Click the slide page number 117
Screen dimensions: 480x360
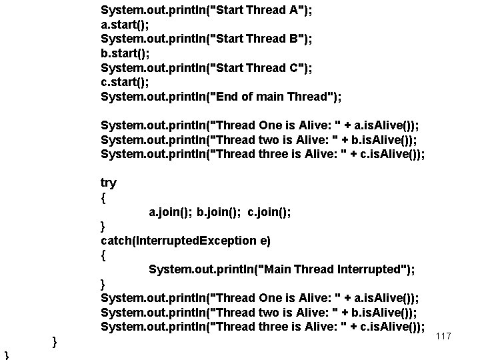[443, 337]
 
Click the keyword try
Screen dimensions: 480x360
[108, 183]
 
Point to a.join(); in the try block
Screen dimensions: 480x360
[171, 212]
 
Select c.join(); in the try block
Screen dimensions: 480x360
[269, 212]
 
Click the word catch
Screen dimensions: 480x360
[116, 240]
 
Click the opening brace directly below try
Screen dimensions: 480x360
[103, 198]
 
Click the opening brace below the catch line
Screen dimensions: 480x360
[103, 255]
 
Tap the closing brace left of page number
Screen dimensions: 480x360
[55, 343]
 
